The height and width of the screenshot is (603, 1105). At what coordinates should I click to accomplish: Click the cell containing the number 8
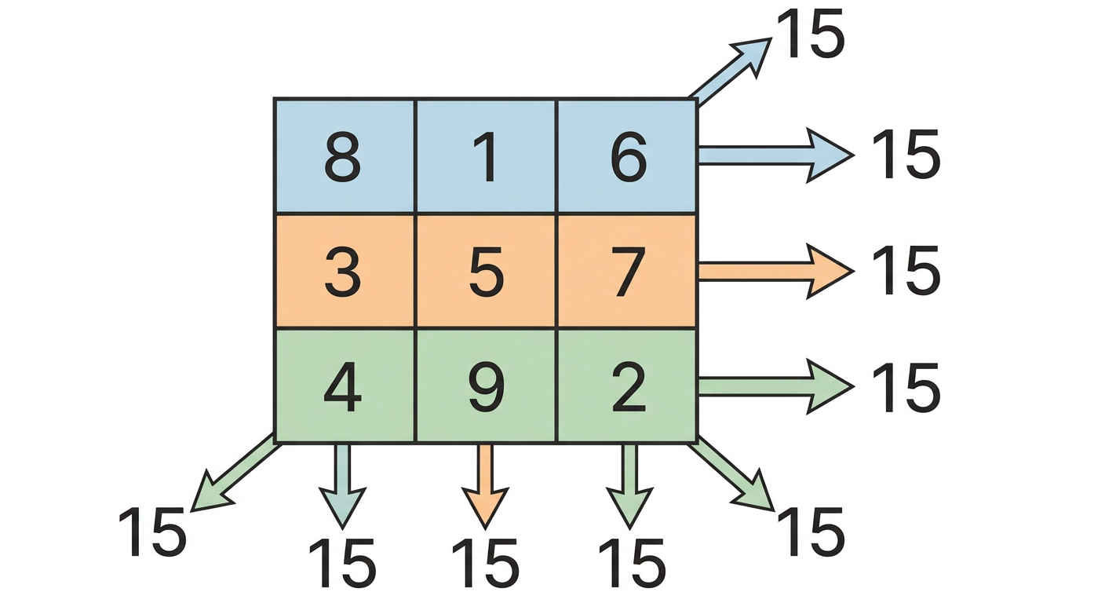[345, 156]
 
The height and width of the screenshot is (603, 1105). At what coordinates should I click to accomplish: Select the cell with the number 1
[487, 156]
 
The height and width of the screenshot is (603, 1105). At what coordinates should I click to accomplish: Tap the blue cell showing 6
[626, 156]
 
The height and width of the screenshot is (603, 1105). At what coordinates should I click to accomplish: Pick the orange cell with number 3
[345, 271]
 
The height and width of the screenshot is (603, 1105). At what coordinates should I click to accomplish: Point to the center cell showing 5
[487, 271]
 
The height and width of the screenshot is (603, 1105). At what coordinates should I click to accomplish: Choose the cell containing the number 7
[626, 271]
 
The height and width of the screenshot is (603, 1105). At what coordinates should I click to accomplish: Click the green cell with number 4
[345, 385]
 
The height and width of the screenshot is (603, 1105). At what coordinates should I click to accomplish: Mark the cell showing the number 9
[487, 385]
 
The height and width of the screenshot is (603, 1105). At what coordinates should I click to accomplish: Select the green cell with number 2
[626, 385]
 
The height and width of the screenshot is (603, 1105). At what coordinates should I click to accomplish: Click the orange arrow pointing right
[776, 271]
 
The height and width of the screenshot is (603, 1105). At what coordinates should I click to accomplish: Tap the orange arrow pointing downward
[485, 486]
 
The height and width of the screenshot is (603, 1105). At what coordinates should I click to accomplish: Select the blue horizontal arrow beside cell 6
[776, 155]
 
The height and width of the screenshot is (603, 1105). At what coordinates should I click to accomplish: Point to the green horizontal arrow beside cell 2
[776, 386]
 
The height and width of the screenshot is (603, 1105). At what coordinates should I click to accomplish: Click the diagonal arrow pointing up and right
[730, 71]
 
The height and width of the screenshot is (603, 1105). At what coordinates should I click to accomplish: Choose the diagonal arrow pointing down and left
[235, 473]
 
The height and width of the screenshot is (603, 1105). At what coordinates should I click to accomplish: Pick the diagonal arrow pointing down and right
[732, 473]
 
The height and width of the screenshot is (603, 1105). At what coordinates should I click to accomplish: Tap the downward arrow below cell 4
[342, 486]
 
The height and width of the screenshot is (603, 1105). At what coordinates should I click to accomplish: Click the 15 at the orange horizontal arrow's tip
[906, 271]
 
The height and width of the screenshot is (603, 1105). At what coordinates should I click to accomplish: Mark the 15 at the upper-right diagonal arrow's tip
[811, 34]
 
